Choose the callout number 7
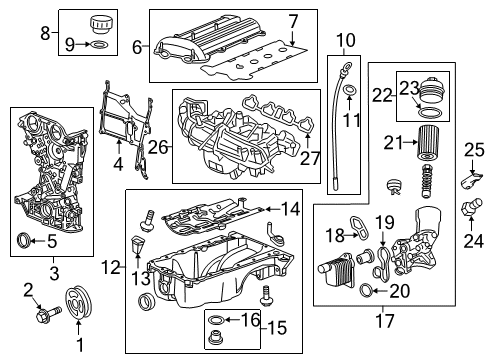[x=293, y=21]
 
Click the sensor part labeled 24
[x=466, y=210]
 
